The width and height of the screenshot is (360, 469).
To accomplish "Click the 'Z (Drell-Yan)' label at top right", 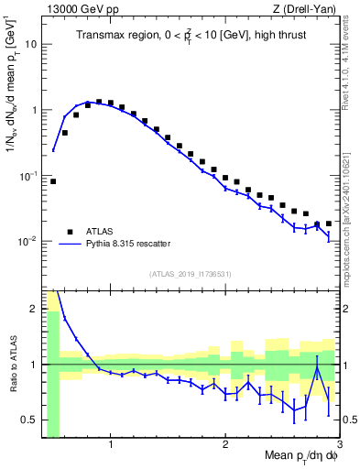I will (309, 9).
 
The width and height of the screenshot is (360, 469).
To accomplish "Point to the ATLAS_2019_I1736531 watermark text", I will (191, 274).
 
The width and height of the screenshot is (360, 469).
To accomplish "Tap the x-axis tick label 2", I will (225, 446).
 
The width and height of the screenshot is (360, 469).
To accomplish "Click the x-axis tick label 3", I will (339, 446).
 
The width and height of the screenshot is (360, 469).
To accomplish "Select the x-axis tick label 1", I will (111, 446).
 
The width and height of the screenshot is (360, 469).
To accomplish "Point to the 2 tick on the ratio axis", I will (34, 309).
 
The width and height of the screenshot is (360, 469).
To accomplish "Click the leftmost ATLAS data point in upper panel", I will (53, 181).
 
